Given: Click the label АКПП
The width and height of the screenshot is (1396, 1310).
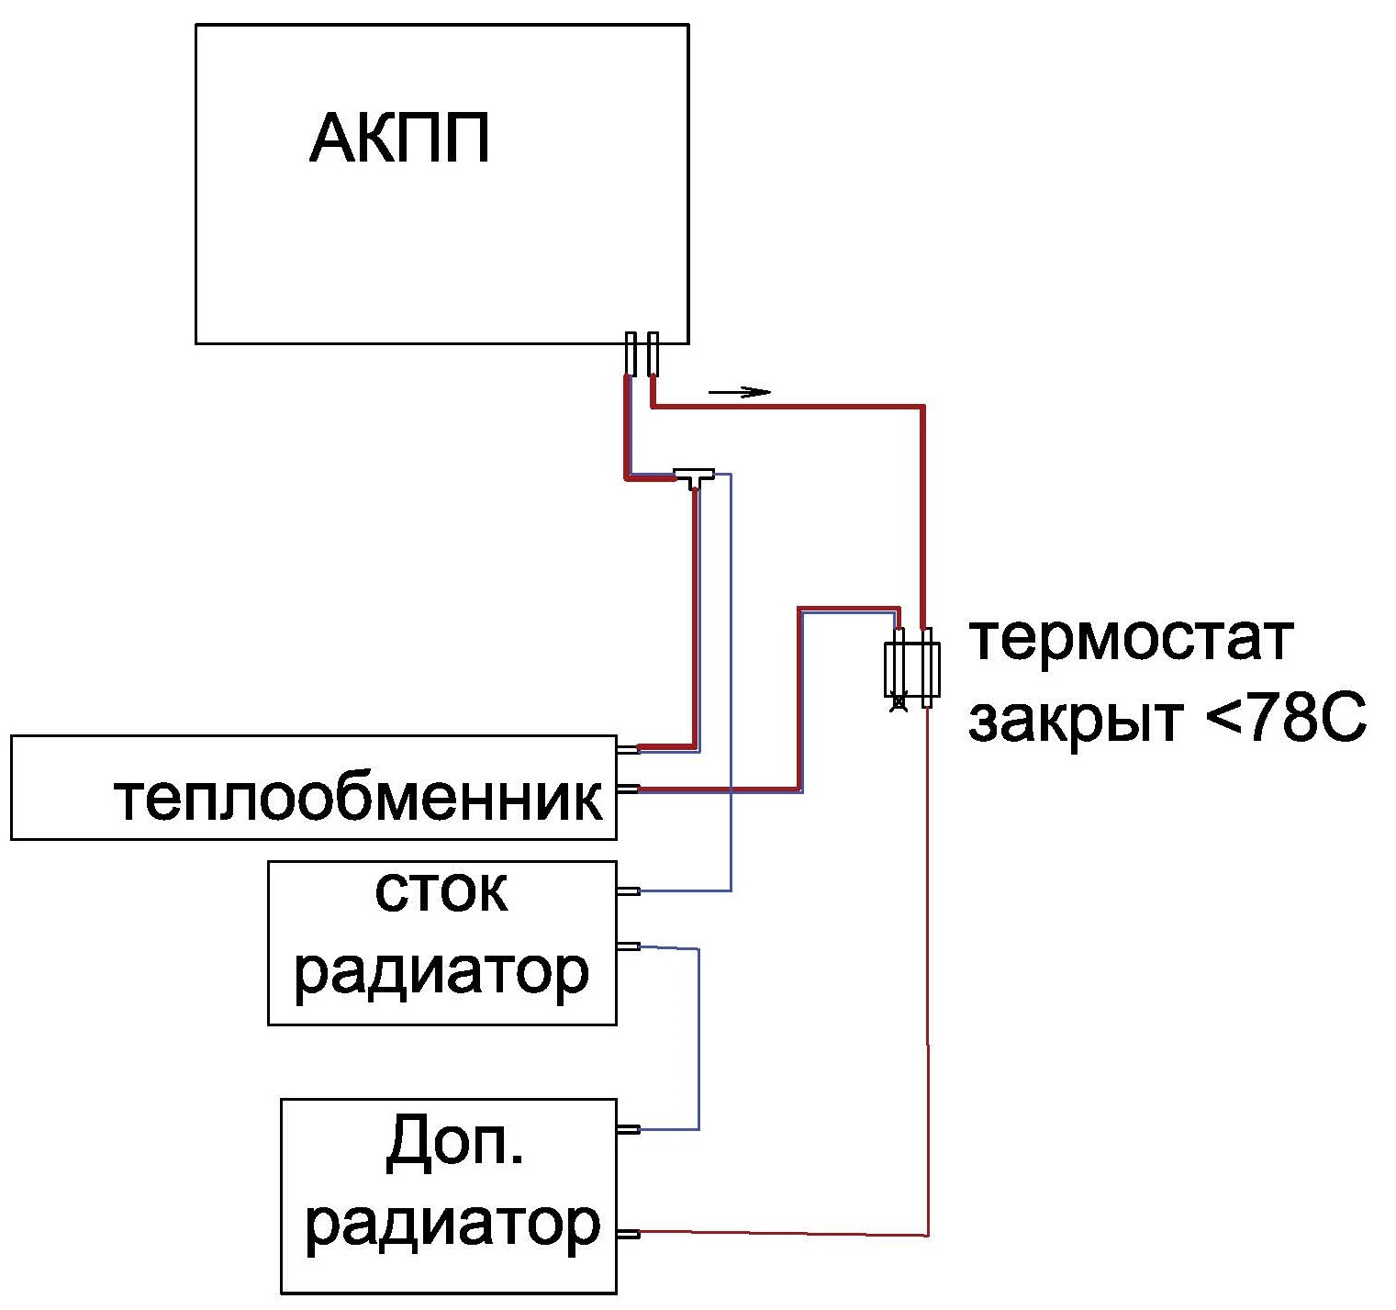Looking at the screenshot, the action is click(399, 138).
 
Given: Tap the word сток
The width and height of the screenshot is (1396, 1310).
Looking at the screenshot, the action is click(441, 890).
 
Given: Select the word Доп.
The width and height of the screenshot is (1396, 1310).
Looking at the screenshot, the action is click(455, 1145).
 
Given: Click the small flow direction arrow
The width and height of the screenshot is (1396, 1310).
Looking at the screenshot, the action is click(740, 392).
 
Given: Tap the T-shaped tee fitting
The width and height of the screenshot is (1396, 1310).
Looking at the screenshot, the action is click(694, 477).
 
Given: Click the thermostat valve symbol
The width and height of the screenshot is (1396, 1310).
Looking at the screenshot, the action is click(911, 667).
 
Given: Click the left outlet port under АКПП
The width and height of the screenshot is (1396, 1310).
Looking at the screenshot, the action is click(631, 353).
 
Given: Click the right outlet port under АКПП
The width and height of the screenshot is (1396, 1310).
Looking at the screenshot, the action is click(653, 353).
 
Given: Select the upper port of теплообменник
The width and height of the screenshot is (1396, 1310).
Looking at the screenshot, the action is click(627, 749).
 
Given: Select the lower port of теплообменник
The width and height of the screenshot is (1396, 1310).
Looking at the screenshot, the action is click(627, 789).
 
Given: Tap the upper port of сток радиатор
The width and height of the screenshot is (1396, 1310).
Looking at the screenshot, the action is click(628, 890).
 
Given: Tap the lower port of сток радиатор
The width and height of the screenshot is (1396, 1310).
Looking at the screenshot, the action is click(628, 946).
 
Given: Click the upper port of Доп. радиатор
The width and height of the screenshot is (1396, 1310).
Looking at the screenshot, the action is click(628, 1129).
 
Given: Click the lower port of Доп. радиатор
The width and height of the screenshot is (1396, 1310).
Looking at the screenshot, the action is click(628, 1233).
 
